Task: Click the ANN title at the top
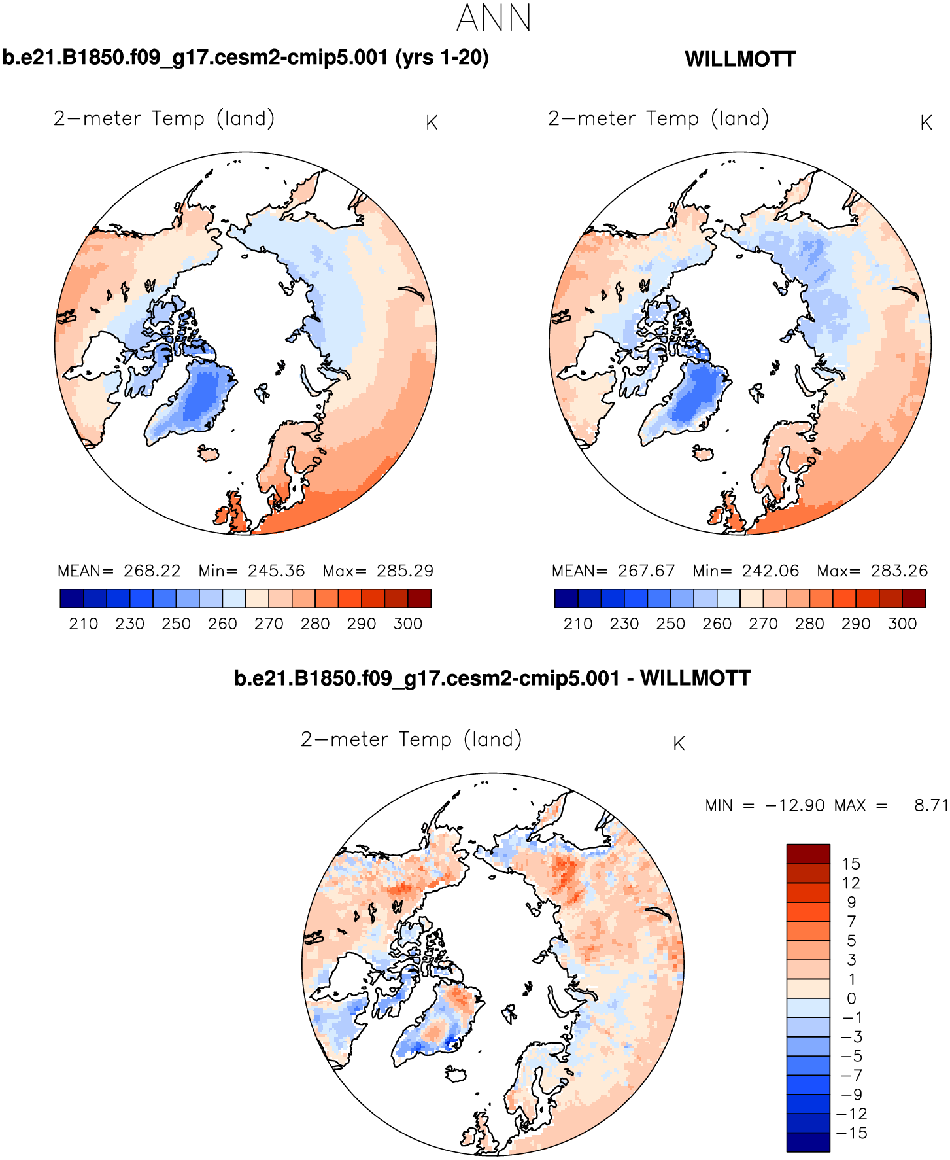pos(494,18)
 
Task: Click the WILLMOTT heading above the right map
pos(739,60)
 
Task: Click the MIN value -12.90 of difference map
pos(794,805)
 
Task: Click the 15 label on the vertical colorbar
pos(851,864)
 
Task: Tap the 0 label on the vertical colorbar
pos(851,998)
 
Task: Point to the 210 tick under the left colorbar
pos(83,624)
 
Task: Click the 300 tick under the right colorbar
pos(902,624)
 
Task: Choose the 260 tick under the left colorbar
pos(222,624)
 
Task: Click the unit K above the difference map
pos(679,744)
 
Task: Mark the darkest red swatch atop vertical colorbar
pos(808,854)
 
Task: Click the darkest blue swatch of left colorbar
pos(71,599)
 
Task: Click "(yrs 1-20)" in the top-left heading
pos(441,58)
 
